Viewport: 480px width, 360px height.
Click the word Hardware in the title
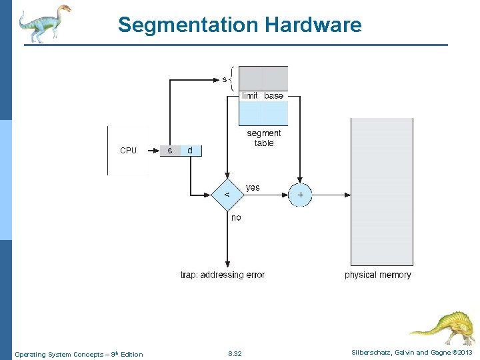[313, 25]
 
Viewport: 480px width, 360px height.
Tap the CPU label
[128, 151]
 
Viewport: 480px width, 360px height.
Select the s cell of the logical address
[170, 151]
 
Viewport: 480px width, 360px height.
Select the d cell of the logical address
[190, 151]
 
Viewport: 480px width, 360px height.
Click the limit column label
[250, 96]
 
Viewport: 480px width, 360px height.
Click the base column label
[273, 96]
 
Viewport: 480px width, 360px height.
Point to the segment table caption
[264, 138]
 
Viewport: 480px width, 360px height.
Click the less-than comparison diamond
[227, 194]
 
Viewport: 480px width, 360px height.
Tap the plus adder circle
[300, 195]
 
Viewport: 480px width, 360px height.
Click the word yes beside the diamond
[253, 187]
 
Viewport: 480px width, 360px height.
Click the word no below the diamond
[236, 217]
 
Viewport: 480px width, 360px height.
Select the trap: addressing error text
[223, 275]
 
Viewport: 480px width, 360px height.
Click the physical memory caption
[378, 275]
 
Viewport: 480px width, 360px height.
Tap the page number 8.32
[235, 354]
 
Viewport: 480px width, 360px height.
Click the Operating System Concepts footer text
[79, 354]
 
